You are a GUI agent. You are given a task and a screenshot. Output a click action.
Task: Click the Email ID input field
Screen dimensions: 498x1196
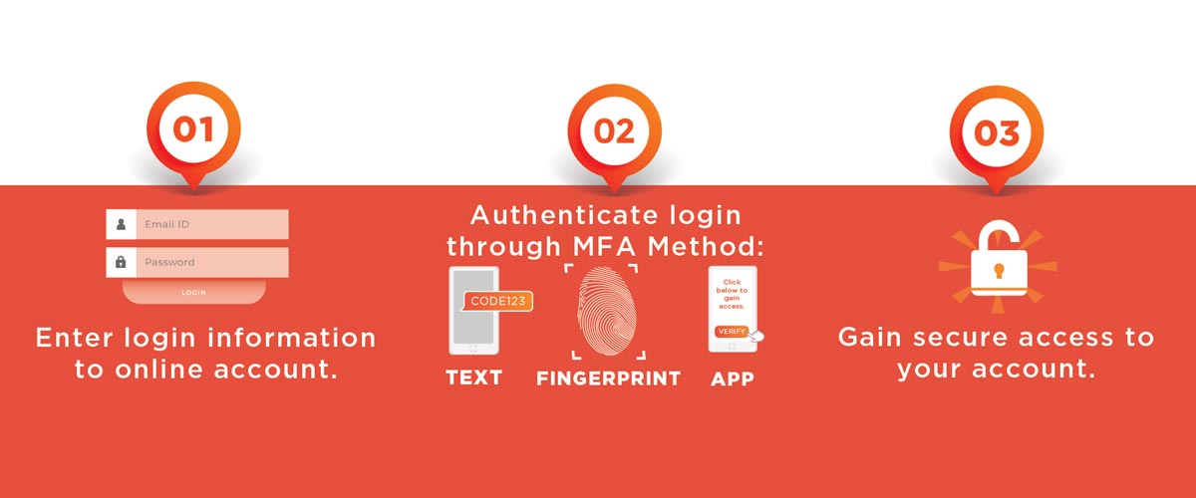pyautogui.click(x=211, y=224)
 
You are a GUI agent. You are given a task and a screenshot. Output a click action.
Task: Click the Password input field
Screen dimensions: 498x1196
pyautogui.click(x=211, y=263)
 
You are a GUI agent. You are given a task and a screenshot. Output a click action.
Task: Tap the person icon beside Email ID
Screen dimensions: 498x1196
pyautogui.click(x=121, y=224)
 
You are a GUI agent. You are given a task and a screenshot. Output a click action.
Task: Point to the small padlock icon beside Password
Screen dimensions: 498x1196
pyautogui.click(x=121, y=263)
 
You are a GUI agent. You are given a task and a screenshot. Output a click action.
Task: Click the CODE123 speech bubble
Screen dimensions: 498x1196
pyautogui.click(x=499, y=301)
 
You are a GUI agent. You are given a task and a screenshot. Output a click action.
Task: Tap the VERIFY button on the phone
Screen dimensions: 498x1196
pyautogui.click(x=732, y=331)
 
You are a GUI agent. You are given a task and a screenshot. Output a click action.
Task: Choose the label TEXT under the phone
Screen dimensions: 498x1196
pyautogui.click(x=473, y=378)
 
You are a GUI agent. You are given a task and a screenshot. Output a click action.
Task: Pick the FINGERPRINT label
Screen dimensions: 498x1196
pyautogui.click(x=608, y=378)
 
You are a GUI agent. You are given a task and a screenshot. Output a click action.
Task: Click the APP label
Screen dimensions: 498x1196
pyautogui.click(x=733, y=378)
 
